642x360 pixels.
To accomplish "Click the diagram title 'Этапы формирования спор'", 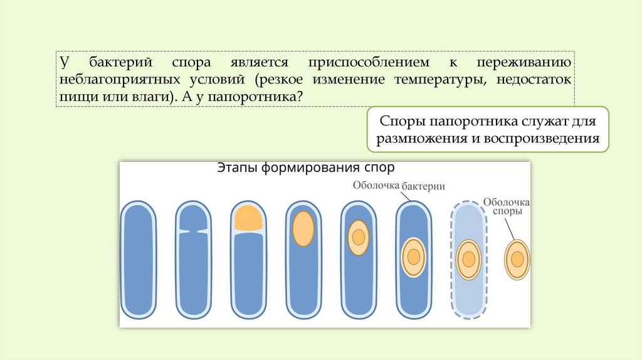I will coord(305,168).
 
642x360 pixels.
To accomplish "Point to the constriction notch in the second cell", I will coord(192,230).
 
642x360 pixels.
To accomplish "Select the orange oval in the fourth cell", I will coord(303,228).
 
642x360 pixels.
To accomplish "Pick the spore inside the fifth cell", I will coord(358,238).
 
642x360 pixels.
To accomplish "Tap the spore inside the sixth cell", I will coord(413,257).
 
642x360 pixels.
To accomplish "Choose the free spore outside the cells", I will coord(517,259).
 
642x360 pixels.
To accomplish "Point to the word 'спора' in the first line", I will coord(191,63).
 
